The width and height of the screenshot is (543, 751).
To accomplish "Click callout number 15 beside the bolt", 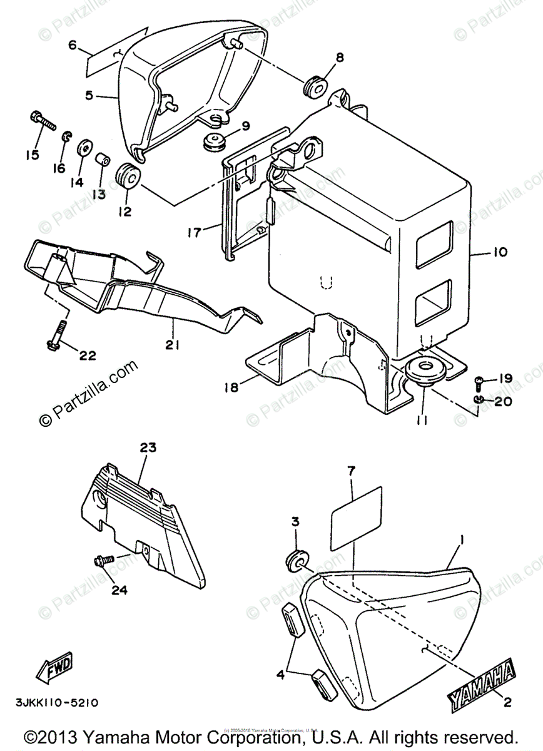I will pos(32,155).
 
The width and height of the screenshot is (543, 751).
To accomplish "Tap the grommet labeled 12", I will pos(128,174).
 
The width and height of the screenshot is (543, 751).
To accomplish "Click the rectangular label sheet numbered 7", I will pos(355,514).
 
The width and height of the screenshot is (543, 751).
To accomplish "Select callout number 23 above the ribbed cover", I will pos(148,448).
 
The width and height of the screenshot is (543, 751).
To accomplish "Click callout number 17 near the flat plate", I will pos(193,232).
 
